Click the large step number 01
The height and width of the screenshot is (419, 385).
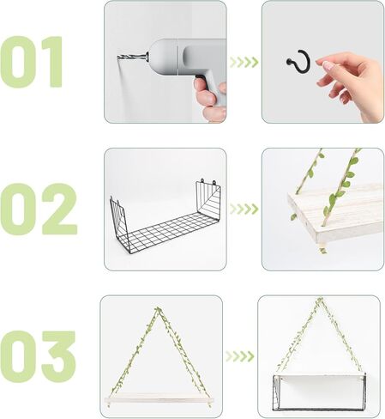[33, 61]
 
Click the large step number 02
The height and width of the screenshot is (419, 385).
[38, 209]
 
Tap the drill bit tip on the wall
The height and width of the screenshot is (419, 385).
[121, 57]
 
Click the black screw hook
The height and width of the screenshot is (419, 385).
[296, 61]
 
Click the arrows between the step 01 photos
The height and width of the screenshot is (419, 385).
[244, 62]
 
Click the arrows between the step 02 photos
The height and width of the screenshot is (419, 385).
[244, 209]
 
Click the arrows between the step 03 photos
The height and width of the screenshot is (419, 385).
[240, 356]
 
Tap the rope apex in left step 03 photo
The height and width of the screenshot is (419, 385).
[159, 310]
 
